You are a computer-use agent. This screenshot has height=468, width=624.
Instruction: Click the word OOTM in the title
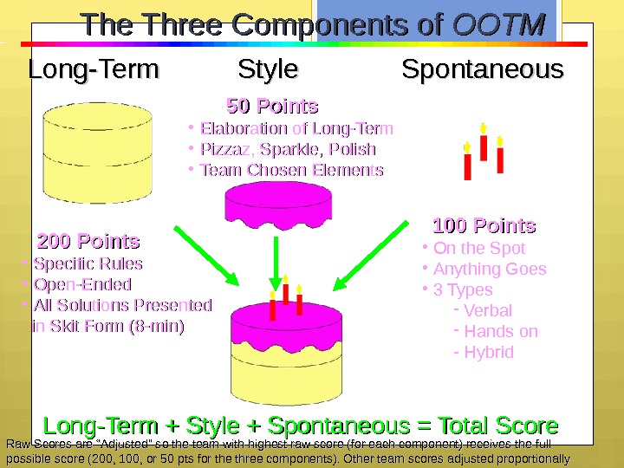[x=499, y=26]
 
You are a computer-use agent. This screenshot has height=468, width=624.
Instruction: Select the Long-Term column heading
[x=94, y=69]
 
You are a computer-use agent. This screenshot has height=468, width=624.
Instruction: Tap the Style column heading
[x=268, y=69]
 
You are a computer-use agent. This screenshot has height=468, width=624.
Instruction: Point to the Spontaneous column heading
[x=483, y=69]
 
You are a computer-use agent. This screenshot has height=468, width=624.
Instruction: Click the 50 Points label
[x=272, y=107]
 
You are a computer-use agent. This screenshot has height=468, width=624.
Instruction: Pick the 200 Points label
[x=88, y=240]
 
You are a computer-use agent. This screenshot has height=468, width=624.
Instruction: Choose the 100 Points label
[x=484, y=226]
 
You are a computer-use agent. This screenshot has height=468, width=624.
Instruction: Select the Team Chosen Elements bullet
[x=291, y=170]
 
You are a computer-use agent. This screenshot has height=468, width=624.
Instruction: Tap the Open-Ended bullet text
[x=82, y=284]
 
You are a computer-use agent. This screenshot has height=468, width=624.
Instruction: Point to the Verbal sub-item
[x=488, y=310]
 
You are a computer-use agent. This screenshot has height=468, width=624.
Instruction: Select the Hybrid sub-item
[x=489, y=352]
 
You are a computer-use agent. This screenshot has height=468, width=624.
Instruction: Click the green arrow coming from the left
[x=205, y=256]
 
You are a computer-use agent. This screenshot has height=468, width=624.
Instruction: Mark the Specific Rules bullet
[x=88, y=263]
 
